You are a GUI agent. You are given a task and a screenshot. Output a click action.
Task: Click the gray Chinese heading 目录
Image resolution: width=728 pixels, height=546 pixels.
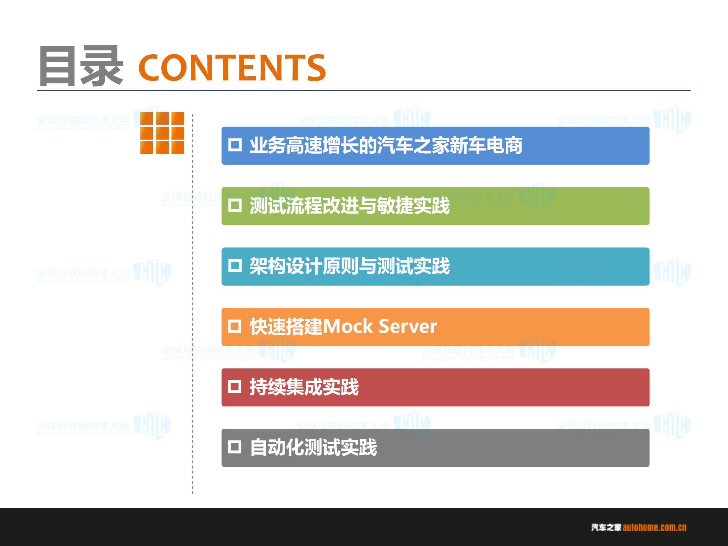[81, 66]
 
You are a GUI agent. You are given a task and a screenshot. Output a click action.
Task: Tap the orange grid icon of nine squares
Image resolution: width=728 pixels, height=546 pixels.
[162, 133]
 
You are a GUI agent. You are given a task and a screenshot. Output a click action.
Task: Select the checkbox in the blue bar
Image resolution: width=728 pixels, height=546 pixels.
[235, 145]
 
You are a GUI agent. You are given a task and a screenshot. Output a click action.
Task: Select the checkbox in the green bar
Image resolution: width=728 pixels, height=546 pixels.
[235, 205]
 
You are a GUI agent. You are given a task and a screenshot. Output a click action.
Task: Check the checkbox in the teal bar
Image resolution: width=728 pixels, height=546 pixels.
[235, 266]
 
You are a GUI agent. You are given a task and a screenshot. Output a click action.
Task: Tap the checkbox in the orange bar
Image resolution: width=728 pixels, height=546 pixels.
[234, 326]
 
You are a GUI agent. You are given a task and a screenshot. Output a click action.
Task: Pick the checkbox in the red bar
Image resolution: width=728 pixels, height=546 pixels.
[234, 387]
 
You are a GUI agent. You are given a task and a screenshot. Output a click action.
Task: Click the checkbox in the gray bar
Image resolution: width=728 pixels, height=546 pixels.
[234, 447]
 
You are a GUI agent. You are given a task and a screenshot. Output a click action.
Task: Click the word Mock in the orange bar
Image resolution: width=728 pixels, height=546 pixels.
[348, 326]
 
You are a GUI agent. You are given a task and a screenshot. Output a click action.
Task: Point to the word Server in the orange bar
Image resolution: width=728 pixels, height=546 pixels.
[408, 326]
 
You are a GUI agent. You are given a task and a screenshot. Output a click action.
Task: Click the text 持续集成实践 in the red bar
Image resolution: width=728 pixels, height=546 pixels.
[304, 387]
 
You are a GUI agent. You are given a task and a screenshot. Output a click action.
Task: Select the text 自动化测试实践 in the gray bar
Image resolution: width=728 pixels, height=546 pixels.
[313, 447]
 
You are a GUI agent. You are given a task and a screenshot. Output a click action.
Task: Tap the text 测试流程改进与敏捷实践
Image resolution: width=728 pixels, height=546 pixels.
[349, 206]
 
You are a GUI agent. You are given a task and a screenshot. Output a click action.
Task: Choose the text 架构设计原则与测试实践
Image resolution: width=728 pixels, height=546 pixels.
[349, 266]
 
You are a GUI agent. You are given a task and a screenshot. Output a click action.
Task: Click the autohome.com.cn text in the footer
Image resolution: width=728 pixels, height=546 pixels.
[654, 527]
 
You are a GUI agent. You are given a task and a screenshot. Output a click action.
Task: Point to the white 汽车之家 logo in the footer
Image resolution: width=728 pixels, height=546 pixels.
[606, 527]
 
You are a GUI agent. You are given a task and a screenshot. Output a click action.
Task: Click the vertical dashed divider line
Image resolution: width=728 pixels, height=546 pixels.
[193, 304]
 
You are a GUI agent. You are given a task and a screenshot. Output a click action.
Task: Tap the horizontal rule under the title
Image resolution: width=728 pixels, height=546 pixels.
[363, 91]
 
